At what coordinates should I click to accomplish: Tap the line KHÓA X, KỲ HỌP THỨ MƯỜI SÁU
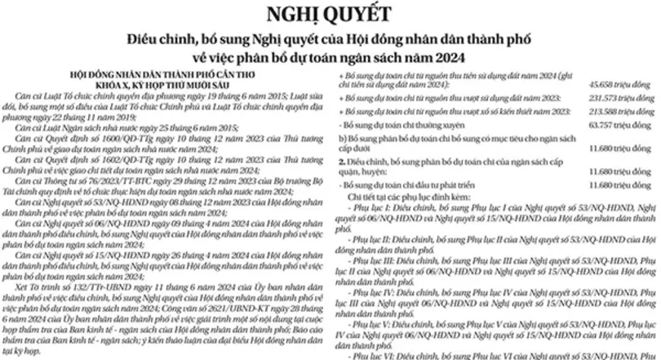165,85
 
